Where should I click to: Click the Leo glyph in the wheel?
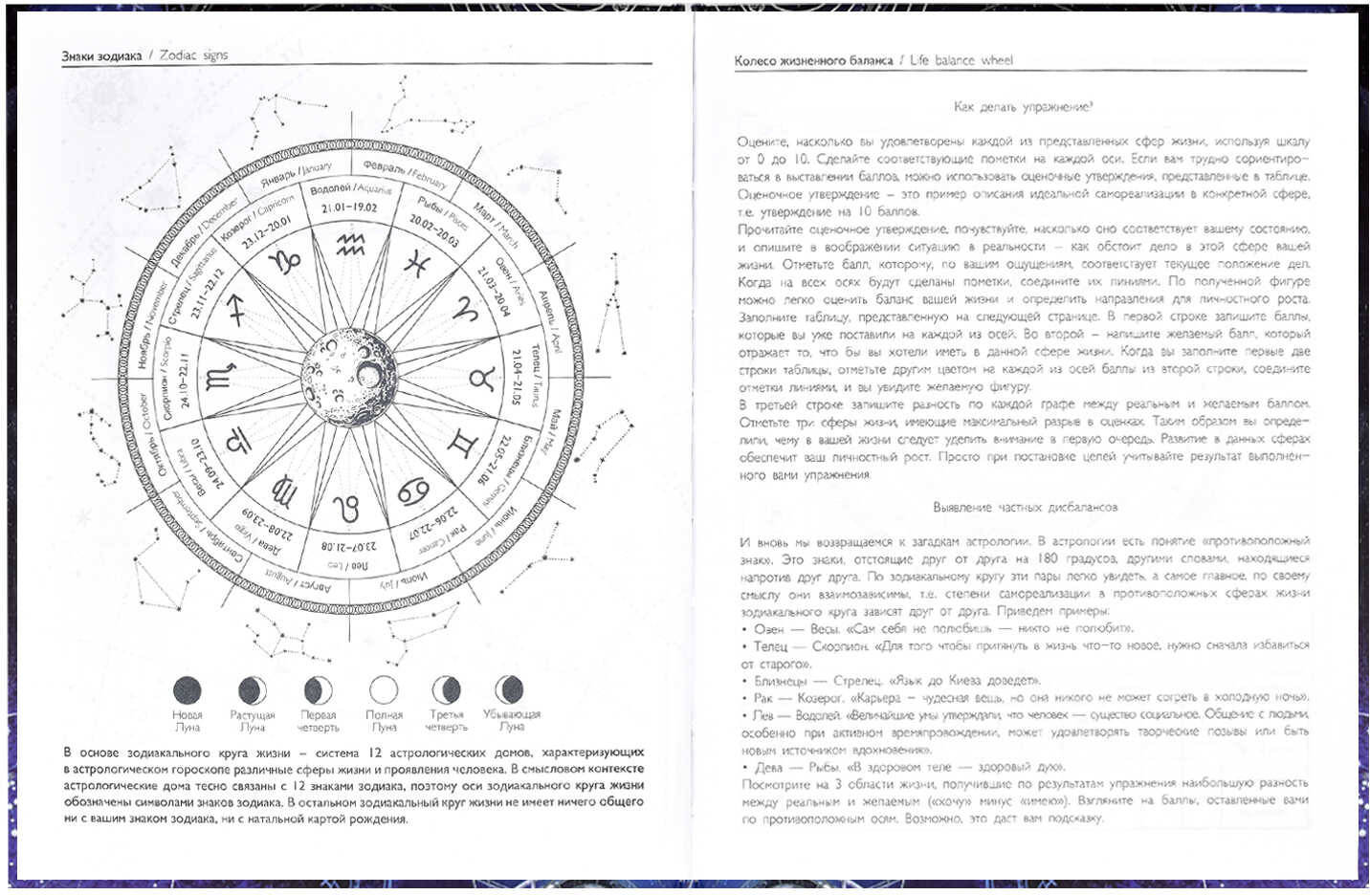[x=349, y=508]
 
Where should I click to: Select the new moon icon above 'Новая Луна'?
[x=187, y=689]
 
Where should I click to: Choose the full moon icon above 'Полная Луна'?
[x=384, y=689]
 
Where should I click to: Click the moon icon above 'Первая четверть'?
[x=318, y=689]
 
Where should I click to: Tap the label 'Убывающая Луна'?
[x=511, y=720]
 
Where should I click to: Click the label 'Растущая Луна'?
[x=253, y=720]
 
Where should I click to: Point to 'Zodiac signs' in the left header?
[x=194, y=55]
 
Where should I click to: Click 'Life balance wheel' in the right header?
[x=961, y=60]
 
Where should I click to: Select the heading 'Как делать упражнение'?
[x=1024, y=107]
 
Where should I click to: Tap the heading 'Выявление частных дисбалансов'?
[x=1025, y=507]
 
